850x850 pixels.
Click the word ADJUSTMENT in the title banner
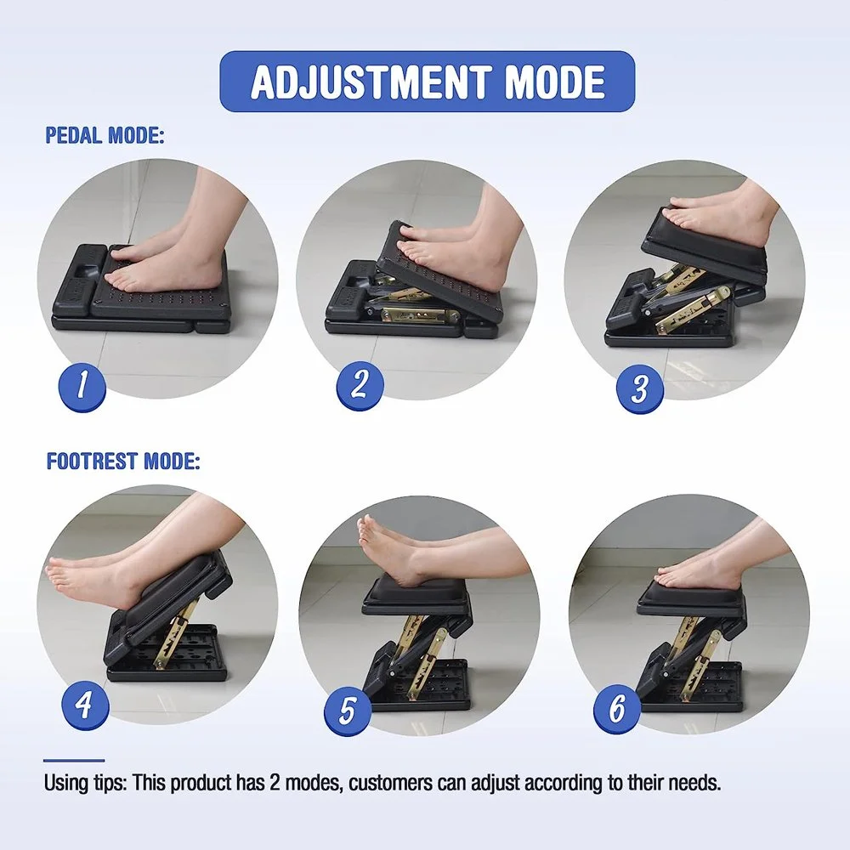371,82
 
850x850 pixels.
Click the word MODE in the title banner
554,82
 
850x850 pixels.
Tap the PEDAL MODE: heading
104,135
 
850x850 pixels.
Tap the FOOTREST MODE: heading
123,461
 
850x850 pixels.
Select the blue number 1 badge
82,387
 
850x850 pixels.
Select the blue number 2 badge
360,384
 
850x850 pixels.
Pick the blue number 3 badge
640,388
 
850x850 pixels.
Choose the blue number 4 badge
85,705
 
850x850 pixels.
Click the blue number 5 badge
348,710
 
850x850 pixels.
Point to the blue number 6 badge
617,708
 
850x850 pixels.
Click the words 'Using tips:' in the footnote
86,784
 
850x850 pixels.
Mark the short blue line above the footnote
74,761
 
